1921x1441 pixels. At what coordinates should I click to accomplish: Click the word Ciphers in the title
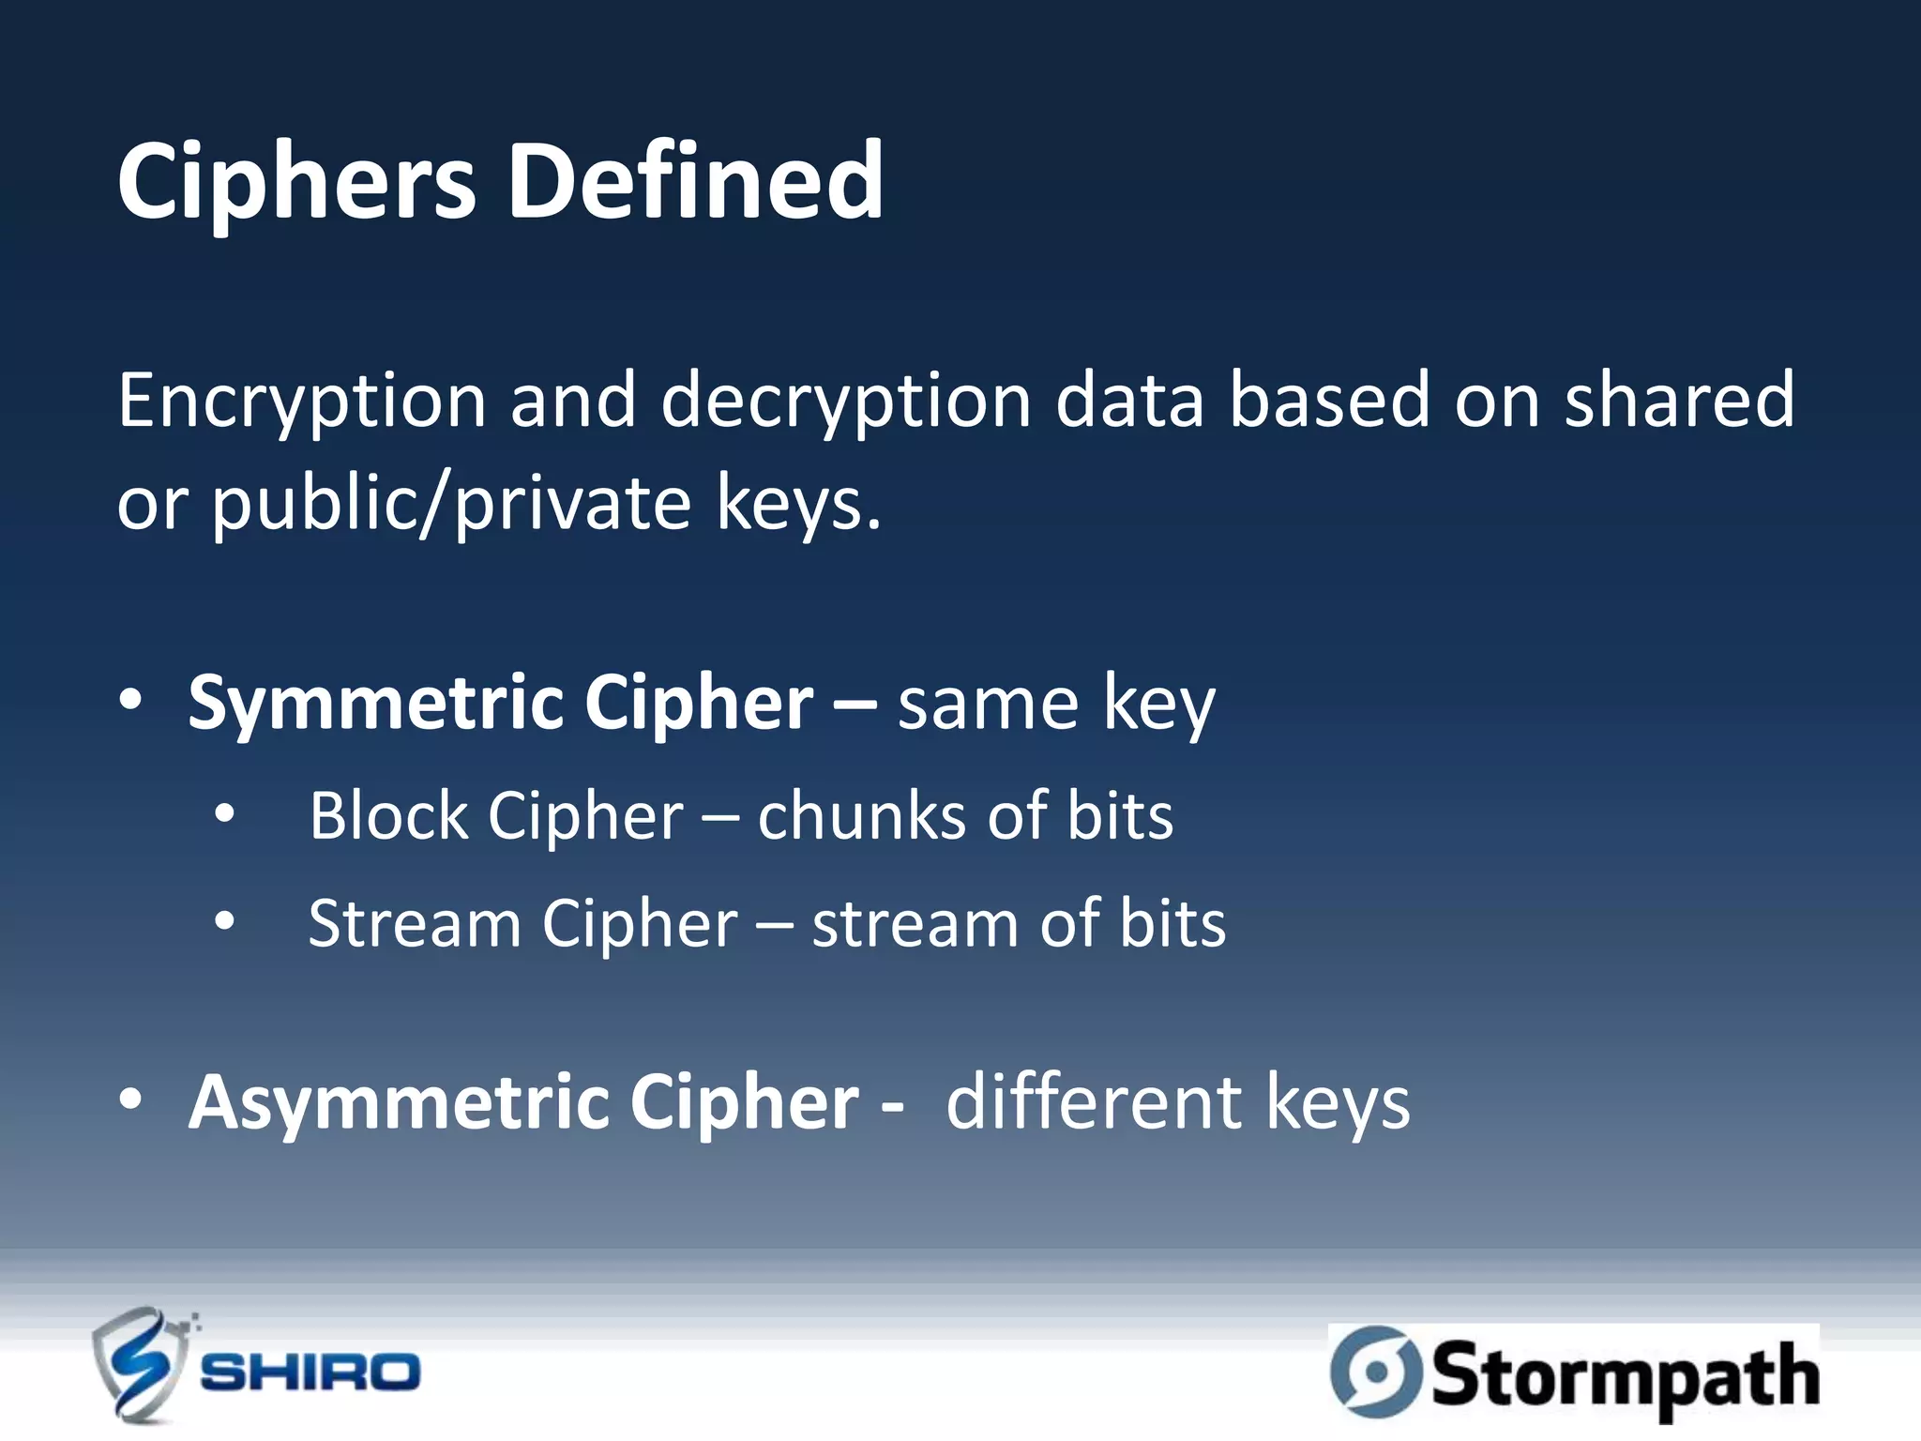pyautogui.click(x=296, y=181)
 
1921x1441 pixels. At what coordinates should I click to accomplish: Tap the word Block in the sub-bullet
pyautogui.click(x=387, y=815)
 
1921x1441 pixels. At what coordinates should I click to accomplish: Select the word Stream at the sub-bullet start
pyautogui.click(x=414, y=924)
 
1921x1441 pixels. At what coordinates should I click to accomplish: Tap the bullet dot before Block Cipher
pyautogui.click(x=224, y=814)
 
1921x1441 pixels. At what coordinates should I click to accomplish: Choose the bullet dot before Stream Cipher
pyautogui.click(x=224, y=922)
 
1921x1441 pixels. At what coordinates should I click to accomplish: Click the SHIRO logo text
pyautogui.click(x=310, y=1373)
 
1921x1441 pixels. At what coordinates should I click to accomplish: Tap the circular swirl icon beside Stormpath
pyautogui.click(x=1375, y=1372)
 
